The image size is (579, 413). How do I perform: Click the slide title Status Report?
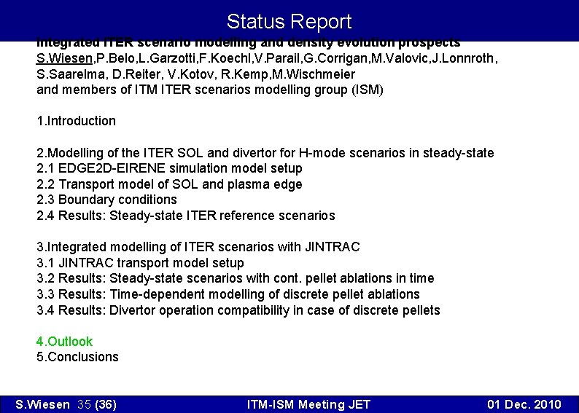(x=289, y=22)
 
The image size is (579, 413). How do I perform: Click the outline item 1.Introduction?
(x=76, y=121)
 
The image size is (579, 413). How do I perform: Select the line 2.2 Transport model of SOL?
(x=169, y=184)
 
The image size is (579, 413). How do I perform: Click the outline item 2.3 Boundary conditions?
(x=106, y=200)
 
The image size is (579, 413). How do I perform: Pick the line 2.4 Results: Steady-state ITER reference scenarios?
(x=185, y=216)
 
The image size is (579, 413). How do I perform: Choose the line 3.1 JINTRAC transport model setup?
(x=140, y=263)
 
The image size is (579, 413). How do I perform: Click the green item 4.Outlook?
(x=65, y=342)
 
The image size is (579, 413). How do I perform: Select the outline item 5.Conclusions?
(x=77, y=357)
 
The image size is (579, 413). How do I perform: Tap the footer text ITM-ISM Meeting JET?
(x=308, y=405)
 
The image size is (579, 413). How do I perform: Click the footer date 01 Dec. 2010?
(x=524, y=405)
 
